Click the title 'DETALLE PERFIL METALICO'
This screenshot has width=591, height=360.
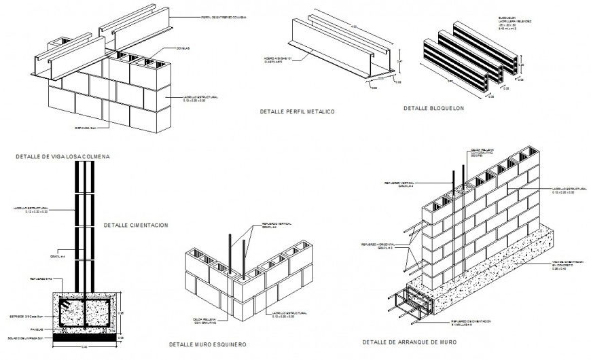pyautogui.click(x=297, y=111)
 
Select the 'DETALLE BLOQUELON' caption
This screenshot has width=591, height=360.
pyautogui.click(x=433, y=108)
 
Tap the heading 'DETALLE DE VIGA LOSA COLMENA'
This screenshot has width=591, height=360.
pyautogui.click(x=62, y=156)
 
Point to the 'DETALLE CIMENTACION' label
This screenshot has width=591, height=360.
pyautogui.click(x=135, y=225)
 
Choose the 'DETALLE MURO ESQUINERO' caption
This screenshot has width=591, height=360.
pyautogui.click(x=207, y=344)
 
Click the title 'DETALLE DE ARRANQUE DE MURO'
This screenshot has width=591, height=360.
pyautogui.click(x=409, y=342)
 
